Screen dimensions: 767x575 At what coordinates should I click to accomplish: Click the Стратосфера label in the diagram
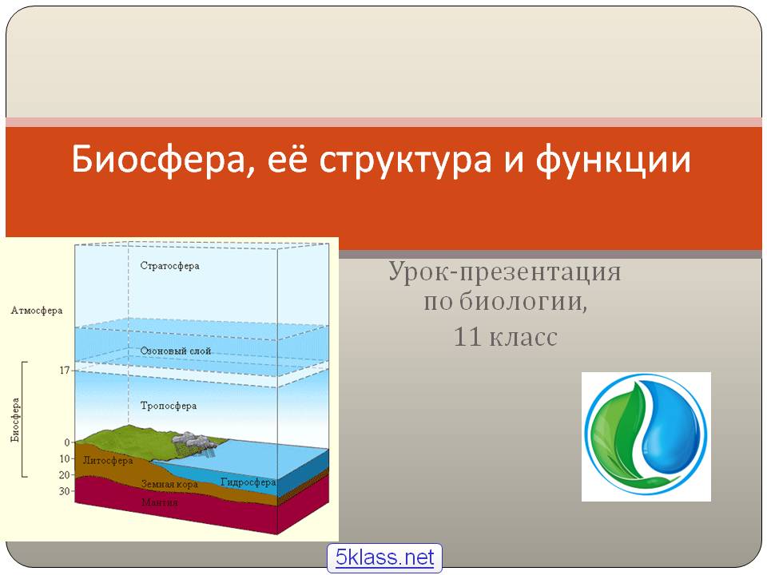(x=169, y=266)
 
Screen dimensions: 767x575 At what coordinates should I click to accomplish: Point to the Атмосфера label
(x=37, y=311)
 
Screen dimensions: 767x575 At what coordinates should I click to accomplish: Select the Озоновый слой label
(x=176, y=351)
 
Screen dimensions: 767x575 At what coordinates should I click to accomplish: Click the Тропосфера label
(x=169, y=406)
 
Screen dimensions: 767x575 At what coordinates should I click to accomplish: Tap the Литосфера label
(x=108, y=461)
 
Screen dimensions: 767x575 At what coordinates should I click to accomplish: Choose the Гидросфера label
(x=248, y=482)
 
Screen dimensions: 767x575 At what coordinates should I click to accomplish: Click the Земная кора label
(x=169, y=484)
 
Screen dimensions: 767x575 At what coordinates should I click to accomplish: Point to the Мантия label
(x=160, y=502)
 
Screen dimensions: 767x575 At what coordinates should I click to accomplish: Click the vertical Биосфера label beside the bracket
(x=16, y=420)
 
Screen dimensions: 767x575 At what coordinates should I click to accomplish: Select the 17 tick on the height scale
(x=65, y=370)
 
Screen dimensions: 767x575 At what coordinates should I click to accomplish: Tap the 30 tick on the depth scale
(x=65, y=491)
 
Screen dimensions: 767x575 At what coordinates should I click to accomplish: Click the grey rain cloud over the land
(x=193, y=441)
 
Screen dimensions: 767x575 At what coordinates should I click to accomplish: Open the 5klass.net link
(x=384, y=557)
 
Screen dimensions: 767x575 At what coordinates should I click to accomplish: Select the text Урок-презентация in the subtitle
(x=505, y=272)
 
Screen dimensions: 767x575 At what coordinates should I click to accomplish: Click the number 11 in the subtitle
(x=467, y=337)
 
